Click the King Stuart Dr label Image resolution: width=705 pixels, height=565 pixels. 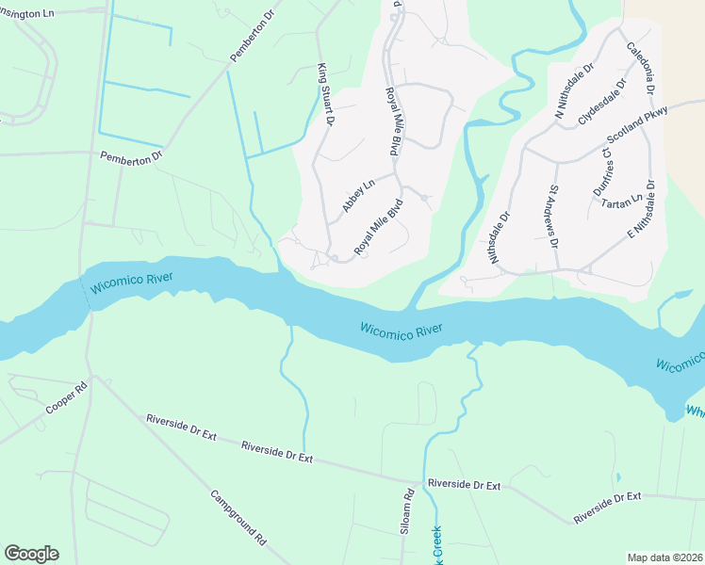[325, 94]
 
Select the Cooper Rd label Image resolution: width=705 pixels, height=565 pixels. [65, 399]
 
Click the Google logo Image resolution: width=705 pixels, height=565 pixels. [31, 554]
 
